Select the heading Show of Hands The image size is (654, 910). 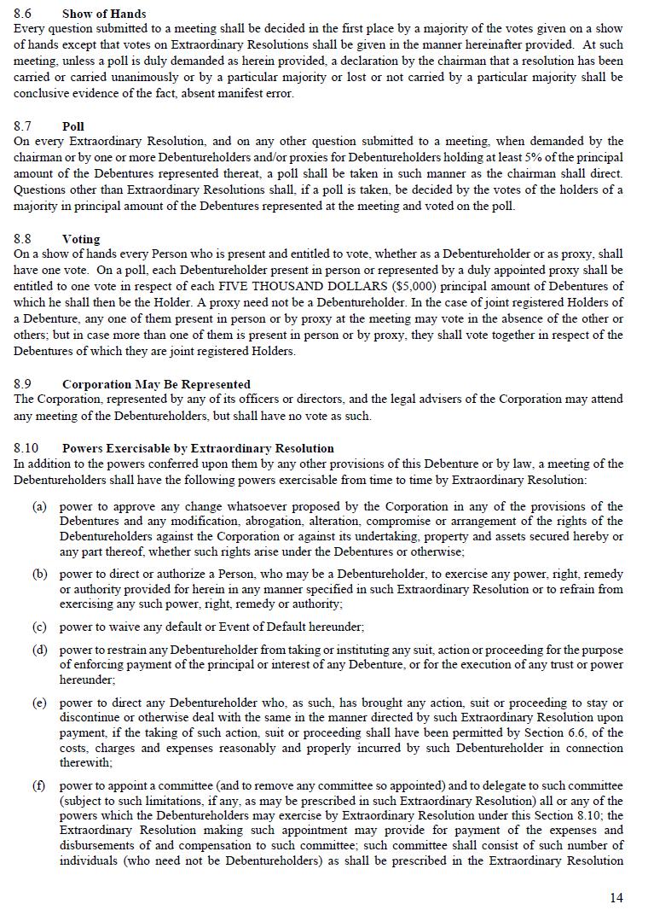click(104, 14)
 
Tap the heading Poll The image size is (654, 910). click(73, 126)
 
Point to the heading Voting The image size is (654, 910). click(81, 239)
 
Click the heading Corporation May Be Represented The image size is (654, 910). click(156, 384)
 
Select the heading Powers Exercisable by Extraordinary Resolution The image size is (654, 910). click(198, 448)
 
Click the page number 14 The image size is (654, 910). click(616, 897)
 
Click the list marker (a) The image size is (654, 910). click(39, 506)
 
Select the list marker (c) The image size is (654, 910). click(39, 627)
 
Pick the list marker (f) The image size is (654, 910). click(39, 785)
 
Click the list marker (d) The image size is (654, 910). click(39, 650)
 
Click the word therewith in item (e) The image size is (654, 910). click(85, 763)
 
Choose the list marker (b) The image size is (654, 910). click(39, 575)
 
